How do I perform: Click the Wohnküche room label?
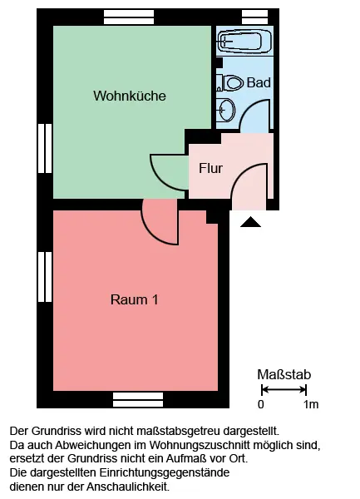click(130, 96)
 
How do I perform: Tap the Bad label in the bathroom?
click(259, 82)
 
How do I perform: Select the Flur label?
click(210, 168)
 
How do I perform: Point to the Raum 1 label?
click(134, 299)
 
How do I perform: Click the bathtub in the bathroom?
click(244, 41)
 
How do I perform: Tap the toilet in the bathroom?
click(230, 82)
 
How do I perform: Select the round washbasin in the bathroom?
click(227, 110)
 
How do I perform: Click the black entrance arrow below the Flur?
click(250, 222)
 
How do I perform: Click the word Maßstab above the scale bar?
click(284, 375)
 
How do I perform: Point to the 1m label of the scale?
click(311, 404)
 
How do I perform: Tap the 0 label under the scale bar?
click(261, 404)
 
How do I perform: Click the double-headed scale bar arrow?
click(284, 389)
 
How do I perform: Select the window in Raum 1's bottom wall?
click(138, 400)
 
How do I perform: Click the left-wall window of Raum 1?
click(45, 277)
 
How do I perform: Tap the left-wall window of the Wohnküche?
click(45, 148)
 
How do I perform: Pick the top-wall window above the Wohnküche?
click(129, 17)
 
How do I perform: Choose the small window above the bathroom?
click(254, 17)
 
